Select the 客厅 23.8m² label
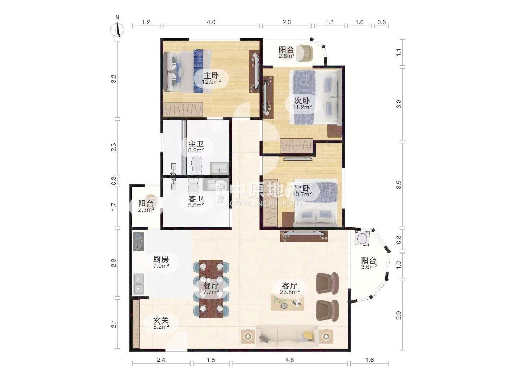click(x=290, y=289)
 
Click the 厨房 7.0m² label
click(x=161, y=263)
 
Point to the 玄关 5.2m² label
click(x=161, y=323)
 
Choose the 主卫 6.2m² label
click(x=196, y=147)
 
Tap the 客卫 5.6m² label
click(x=196, y=201)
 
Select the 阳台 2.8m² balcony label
click(x=286, y=53)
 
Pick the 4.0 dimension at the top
click(x=211, y=22)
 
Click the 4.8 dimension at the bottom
click(x=290, y=360)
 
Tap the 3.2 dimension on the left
click(x=114, y=79)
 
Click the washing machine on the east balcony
click(x=362, y=238)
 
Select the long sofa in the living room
click(x=287, y=336)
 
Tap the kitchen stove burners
click(x=139, y=241)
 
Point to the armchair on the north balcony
click(x=305, y=53)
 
